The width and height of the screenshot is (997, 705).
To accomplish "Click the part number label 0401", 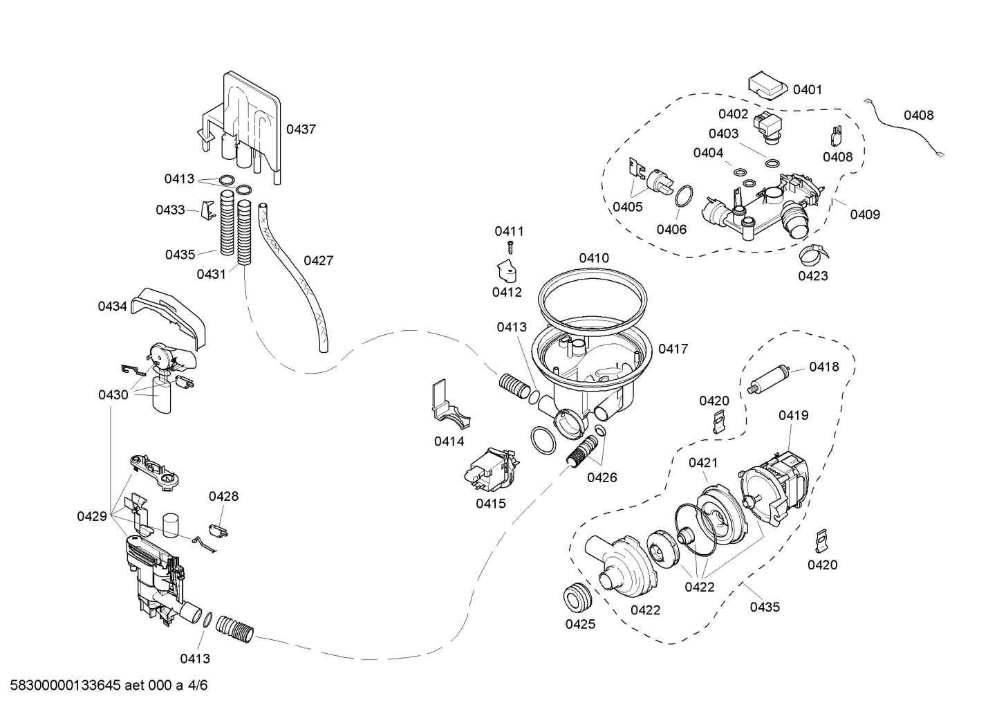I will coord(807,89).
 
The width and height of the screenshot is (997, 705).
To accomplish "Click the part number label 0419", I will coord(793,415).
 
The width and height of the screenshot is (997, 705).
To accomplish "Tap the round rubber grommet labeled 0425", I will coord(579,596).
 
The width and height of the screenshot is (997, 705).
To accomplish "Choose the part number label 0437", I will coord(301,129).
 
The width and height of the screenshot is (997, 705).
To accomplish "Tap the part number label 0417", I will coord(673,349).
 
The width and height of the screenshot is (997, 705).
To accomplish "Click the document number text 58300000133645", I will coord(62,686).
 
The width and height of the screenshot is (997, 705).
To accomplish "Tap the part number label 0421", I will coord(702,463).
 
